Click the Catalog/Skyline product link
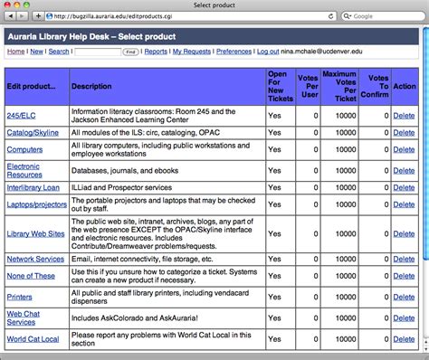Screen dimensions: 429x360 32,133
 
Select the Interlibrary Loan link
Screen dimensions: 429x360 32,187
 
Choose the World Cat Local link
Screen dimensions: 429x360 33,339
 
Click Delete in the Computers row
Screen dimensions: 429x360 404,149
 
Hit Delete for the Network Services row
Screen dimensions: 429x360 404,259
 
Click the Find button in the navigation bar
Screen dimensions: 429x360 130,52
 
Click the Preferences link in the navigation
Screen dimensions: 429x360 234,52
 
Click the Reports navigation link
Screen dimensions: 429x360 156,52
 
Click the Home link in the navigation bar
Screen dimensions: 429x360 15,52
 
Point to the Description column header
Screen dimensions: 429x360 91,86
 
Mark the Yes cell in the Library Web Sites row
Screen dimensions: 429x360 273,232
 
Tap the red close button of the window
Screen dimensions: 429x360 8,5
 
